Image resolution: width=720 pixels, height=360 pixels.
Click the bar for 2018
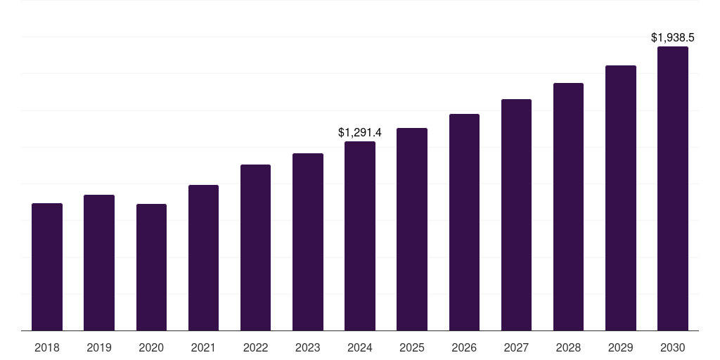pos(47,267)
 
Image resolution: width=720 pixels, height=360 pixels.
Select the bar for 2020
pos(151,267)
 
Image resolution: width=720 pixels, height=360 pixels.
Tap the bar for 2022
pos(255,247)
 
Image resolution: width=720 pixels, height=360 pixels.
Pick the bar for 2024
pos(360,236)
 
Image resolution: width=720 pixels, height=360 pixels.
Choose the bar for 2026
pos(464,222)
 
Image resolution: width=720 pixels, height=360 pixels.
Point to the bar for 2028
pos(568,207)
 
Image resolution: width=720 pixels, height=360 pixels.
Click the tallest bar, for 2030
pos(673,188)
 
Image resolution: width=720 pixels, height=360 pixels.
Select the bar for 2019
pos(99,263)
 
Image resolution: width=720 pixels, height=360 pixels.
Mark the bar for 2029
pos(621,198)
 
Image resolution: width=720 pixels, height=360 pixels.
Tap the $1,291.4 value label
pos(360,132)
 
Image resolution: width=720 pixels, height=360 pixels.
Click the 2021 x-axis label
pos(203,347)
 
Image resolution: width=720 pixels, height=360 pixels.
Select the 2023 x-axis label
pos(308,347)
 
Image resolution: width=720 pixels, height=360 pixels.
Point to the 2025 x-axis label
pos(412,347)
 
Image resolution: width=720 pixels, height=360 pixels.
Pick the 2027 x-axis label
pos(516,347)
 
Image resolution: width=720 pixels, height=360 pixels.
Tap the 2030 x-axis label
pos(673,347)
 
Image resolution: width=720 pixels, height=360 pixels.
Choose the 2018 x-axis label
pos(47,347)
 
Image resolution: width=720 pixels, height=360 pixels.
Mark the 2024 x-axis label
pos(360,347)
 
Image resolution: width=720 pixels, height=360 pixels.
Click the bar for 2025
pos(412,229)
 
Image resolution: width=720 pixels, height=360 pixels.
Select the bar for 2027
pos(516,215)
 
